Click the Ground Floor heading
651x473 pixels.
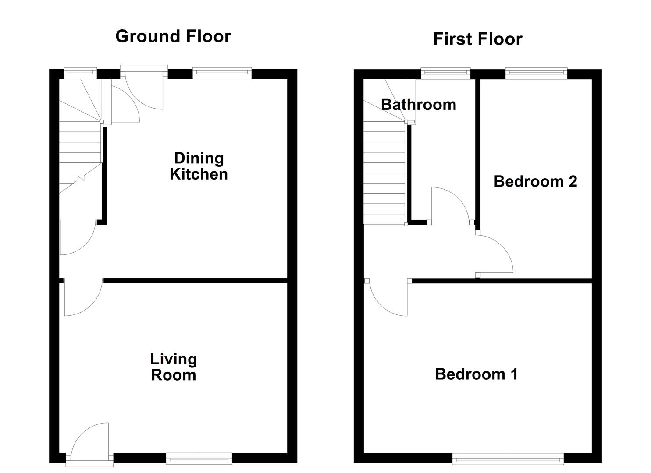pyautogui.click(x=173, y=36)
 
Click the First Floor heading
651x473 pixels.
pyautogui.click(x=477, y=39)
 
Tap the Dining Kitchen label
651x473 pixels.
pyautogui.click(x=199, y=166)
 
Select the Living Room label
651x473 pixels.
pyautogui.click(x=174, y=367)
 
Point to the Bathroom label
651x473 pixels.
pyautogui.click(x=418, y=105)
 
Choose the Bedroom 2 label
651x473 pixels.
pyautogui.click(x=535, y=181)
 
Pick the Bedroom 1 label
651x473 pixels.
pyautogui.click(x=477, y=374)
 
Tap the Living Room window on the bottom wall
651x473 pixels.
pyautogui.click(x=199, y=459)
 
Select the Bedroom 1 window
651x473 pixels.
pyautogui.click(x=508, y=459)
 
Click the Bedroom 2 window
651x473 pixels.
pyautogui.click(x=536, y=73)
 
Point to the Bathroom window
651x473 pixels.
pyautogui.click(x=445, y=73)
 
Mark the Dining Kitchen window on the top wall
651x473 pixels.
pyautogui.click(x=222, y=73)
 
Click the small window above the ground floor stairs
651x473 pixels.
pyautogui.click(x=80, y=73)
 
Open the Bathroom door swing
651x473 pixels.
pyautogui.click(x=452, y=204)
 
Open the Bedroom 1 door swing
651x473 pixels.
pyautogui.click(x=388, y=298)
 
